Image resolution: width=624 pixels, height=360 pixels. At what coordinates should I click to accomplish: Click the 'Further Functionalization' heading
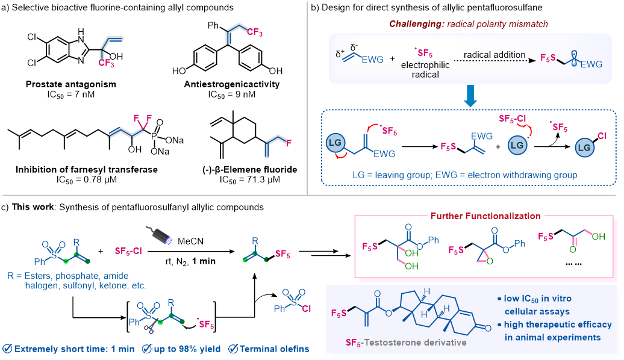click(485, 215)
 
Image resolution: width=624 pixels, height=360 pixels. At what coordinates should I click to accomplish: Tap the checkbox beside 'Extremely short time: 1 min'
click(7, 349)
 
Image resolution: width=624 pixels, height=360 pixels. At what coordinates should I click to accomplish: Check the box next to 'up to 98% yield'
click(146, 349)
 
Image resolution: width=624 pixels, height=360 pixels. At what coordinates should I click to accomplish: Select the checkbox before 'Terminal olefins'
click(232, 349)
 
